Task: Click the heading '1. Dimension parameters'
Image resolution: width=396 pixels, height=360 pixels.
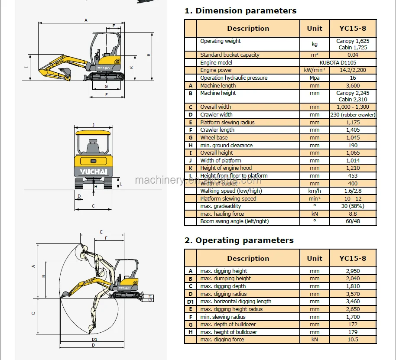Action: (240, 11)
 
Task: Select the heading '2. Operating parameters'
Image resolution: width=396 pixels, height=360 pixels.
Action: (239, 240)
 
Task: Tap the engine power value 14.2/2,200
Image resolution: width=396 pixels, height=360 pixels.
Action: (353, 70)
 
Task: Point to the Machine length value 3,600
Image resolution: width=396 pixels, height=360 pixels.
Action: (353, 86)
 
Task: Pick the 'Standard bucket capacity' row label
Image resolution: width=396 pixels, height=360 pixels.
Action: (230, 55)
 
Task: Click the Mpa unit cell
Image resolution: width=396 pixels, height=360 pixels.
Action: (315, 78)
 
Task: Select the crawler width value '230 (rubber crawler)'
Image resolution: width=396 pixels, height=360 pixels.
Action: (353, 115)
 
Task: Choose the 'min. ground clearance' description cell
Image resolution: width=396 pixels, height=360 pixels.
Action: (226, 146)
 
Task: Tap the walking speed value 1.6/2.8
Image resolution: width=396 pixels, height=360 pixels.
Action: (353, 191)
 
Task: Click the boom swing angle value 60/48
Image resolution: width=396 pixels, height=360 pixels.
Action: (353, 221)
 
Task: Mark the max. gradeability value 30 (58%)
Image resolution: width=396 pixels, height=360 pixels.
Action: (353, 206)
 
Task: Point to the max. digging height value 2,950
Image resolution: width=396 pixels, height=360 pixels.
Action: (353, 271)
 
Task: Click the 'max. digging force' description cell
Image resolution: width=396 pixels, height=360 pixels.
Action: (222, 340)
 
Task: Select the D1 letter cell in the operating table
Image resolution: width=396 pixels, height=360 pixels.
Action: (190, 302)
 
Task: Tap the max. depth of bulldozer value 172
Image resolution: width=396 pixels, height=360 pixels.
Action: (353, 324)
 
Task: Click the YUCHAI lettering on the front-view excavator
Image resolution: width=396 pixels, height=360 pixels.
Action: (94, 172)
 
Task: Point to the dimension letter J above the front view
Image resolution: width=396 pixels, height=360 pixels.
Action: (93, 125)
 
